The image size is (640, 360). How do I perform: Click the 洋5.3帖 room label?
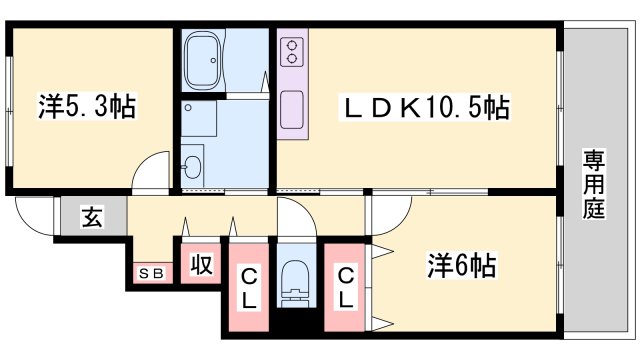point(88,105)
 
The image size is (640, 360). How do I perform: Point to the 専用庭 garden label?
point(594,184)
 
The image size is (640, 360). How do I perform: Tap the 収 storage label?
point(200,267)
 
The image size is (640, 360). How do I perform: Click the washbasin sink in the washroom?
point(193,164)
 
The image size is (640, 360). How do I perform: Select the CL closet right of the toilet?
point(344,286)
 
